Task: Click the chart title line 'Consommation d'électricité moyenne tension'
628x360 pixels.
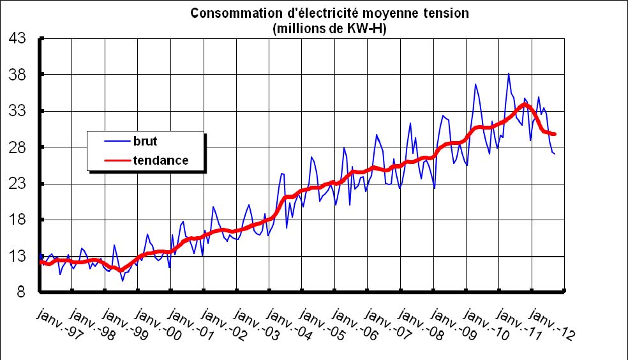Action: [313, 13]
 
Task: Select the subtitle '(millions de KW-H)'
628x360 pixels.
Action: [313, 28]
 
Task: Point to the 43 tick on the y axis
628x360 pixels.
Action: [17, 39]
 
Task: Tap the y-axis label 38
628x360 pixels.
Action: [17, 75]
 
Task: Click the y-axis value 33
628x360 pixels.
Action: [17, 112]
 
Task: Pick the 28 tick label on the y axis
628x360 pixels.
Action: [17, 148]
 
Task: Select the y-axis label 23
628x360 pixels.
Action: [17, 184]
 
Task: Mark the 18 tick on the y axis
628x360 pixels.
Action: [17, 221]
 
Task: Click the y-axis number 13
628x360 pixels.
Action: [17, 257]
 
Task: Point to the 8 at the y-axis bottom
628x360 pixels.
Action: [21, 294]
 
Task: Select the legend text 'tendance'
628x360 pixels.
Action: [161, 160]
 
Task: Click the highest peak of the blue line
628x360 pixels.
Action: [509, 73]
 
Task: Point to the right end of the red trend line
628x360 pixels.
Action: [555, 134]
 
